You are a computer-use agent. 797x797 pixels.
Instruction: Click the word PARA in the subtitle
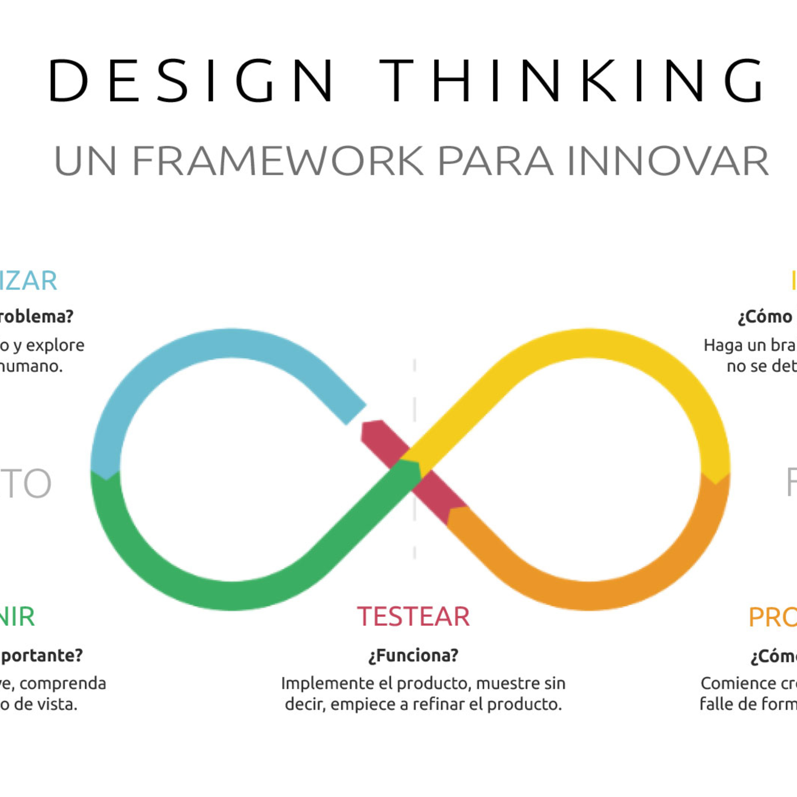click(x=495, y=161)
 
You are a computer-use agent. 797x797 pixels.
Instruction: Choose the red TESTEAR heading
click(x=413, y=617)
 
